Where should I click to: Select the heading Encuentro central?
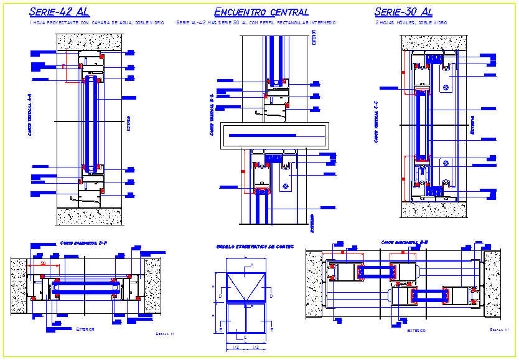pos(261,11)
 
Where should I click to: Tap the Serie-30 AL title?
pos(403,11)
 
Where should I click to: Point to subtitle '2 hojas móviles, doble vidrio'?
pos(411,22)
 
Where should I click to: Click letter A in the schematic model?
pos(251,265)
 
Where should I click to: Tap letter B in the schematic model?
pos(251,306)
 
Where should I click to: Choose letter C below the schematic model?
pos(246,337)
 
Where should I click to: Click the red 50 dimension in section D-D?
pos(43,264)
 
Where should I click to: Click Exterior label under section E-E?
pos(416,331)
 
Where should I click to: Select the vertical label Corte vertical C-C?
pos(376,123)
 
